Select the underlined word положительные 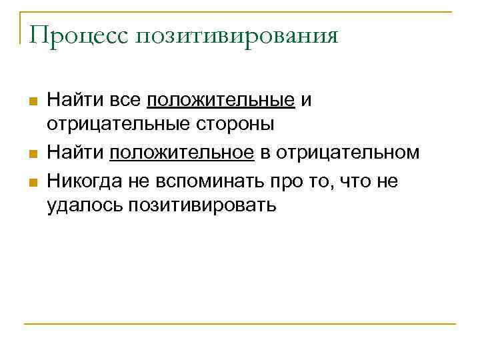point(221,101)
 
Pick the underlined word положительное point(182,153)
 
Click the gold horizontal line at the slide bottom point(240,325)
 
